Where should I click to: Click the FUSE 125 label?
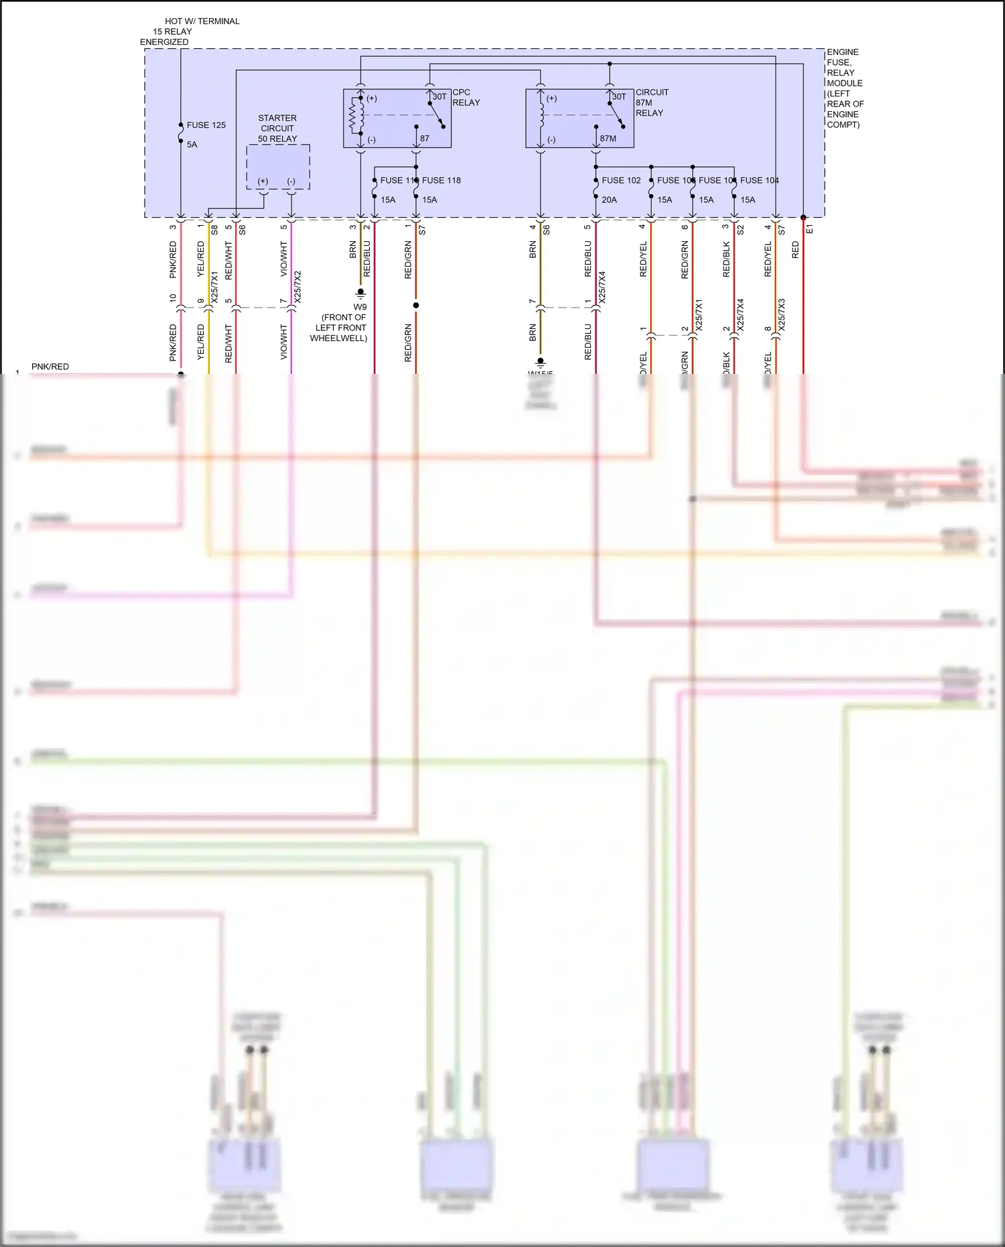click(206, 125)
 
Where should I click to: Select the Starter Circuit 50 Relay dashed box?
click(277, 167)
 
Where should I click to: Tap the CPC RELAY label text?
click(466, 98)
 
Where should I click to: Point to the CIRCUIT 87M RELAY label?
click(651, 103)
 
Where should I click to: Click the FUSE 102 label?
click(620, 180)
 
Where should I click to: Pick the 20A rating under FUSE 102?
click(609, 200)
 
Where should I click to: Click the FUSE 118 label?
click(442, 180)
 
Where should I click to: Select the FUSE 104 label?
click(759, 180)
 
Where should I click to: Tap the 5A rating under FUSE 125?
click(192, 145)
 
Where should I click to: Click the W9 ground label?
click(360, 307)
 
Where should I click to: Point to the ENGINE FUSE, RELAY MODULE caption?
click(845, 88)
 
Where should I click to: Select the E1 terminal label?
click(809, 229)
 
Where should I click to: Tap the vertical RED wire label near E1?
click(795, 250)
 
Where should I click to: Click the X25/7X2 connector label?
click(297, 287)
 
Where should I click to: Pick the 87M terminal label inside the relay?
click(608, 139)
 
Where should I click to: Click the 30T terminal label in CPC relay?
click(439, 96)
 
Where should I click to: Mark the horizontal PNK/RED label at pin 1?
click(50, 367)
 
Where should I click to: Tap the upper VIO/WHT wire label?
click(283, 259)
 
